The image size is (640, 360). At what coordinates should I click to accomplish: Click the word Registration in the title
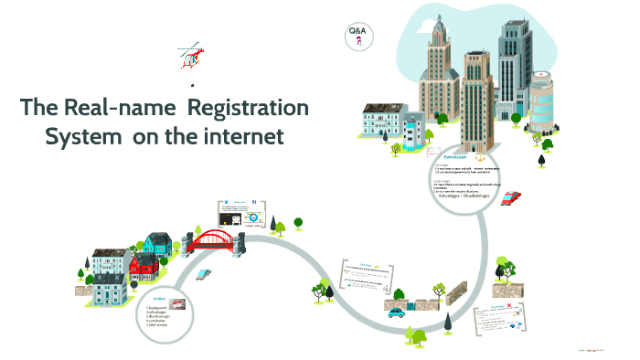point(253,107)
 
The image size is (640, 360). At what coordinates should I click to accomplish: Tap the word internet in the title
point(239,136)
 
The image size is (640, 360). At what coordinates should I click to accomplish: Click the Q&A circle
point(358,37)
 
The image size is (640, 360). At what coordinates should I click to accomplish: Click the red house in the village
point(144,266)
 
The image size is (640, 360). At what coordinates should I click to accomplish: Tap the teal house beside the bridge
point(157,243)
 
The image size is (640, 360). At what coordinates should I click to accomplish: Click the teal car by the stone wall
point(396,312)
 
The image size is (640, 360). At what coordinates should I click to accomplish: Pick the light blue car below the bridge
point(208,273)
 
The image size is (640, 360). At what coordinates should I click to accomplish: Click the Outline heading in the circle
point(159,298)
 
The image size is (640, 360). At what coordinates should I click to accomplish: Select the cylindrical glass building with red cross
point(541,101)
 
